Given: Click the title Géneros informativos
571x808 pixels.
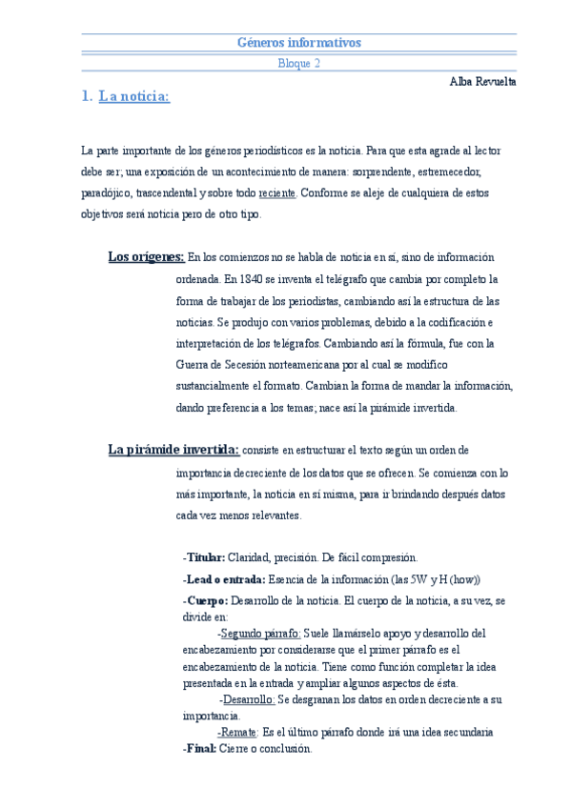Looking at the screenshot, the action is point(298,43).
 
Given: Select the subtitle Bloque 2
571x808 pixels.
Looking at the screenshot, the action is point(298,64).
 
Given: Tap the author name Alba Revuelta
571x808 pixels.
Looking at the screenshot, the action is point(482,82).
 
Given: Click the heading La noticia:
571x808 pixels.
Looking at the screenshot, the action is point(133,96).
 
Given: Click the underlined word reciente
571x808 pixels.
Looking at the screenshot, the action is point(277,192).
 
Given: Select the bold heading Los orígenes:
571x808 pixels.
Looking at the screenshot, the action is point(146,257).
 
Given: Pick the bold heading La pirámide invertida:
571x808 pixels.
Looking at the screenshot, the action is point(173,450).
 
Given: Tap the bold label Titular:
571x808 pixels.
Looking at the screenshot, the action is point(205,557).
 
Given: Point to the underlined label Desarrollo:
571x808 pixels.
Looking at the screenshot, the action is point(248,699).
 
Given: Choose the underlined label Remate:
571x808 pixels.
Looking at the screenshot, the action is point(238,733).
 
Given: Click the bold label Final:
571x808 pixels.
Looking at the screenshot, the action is point(201,749).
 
